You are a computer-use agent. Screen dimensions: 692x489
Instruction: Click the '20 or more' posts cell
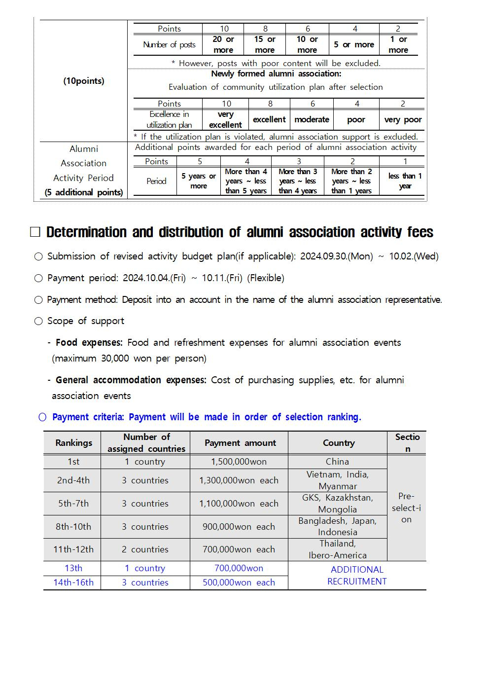tap(223, 44)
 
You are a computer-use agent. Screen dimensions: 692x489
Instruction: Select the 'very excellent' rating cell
tap(225, 119)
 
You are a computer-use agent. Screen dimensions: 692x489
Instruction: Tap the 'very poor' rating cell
tap(403, 119)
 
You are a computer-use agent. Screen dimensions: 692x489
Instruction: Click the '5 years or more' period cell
tap(198, 181)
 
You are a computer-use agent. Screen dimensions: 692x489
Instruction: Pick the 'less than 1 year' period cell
tap(405, 181)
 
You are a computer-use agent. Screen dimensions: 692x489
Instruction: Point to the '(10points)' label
tap(84, 81)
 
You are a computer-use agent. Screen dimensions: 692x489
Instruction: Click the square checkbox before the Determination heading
tap(35, 232)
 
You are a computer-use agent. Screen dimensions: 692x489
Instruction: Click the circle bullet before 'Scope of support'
tap(38, 321)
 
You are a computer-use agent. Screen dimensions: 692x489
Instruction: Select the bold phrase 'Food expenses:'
tap(89, 342)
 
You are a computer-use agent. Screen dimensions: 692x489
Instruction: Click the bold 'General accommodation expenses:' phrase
tap(131, 380)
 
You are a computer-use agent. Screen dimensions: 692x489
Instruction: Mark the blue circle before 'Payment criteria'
tap(42, 417)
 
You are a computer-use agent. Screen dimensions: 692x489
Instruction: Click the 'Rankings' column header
tap(73, 443)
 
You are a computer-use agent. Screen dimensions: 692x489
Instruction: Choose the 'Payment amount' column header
tap(240, 443)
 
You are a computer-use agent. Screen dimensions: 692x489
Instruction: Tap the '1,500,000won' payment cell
tap(239, 462)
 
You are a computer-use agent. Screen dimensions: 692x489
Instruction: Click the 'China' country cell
tap(337, 462)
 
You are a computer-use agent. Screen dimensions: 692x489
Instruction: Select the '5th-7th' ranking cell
tap(73, 504)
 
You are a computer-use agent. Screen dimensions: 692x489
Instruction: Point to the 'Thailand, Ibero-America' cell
tap(337, 549)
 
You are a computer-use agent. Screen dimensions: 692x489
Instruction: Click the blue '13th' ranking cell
tap(73, 568)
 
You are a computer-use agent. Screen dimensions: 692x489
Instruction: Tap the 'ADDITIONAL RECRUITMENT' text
tap(357, 576)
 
